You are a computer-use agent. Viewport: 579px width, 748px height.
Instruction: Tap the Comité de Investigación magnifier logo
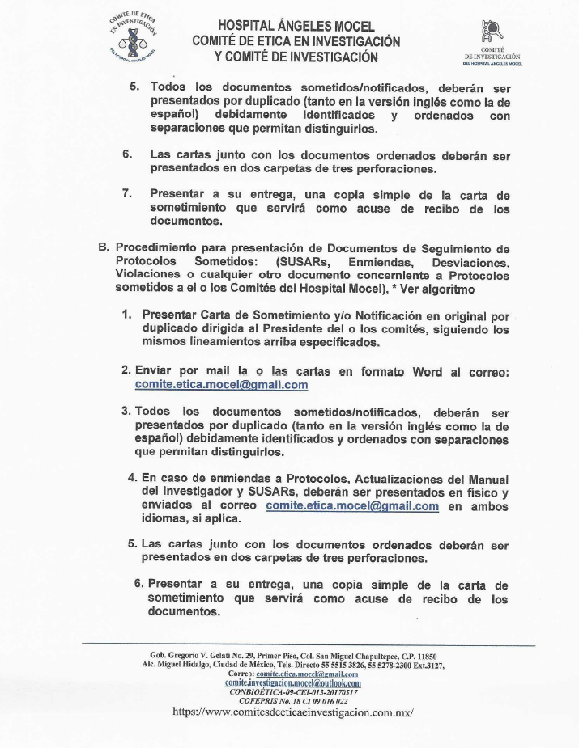point(492,32)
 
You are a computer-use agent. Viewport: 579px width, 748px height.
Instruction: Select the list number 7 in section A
point(127,194)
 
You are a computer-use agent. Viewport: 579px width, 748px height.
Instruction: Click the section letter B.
point(104,247)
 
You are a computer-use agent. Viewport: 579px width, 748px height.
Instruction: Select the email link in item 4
point(352,506)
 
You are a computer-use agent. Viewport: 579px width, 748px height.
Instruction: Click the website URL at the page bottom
point(294,712)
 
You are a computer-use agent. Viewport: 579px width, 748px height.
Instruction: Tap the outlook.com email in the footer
point(293,682)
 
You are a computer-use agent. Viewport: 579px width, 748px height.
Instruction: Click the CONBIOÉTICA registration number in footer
point(294,692)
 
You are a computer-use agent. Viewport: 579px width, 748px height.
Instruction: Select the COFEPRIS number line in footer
point(294,701)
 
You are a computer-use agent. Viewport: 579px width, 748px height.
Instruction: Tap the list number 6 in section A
point(127,154)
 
